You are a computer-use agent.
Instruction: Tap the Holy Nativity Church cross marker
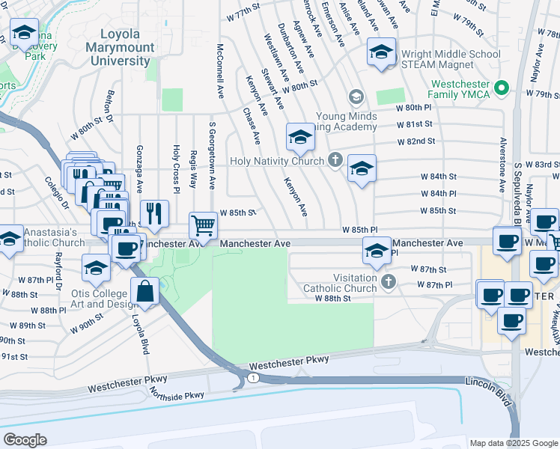[335, 161]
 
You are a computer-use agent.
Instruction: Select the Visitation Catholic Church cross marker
[388, 281]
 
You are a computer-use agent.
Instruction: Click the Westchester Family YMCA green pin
[502, 89]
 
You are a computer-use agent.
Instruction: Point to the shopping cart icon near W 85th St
[204, 224]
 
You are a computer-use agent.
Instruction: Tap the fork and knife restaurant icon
[154, 213]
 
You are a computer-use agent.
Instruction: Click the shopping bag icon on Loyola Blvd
[145, 291]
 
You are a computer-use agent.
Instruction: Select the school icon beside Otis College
[97, 268]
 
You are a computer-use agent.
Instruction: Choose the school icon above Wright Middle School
[381, 52]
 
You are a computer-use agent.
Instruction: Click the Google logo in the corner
[25, 440]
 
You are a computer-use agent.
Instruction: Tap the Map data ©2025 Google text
[514, 443]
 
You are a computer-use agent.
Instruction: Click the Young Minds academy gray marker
[356, 97]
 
